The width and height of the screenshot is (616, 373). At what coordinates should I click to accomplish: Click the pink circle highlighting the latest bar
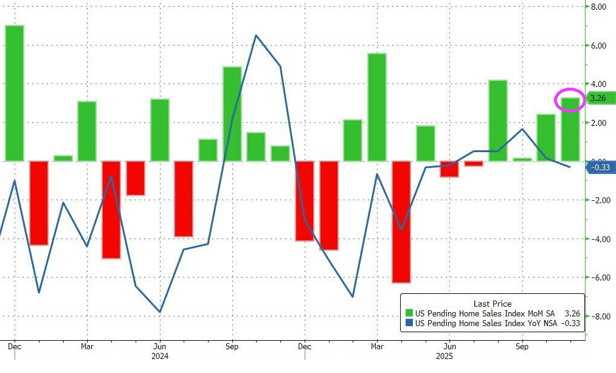click(x=570, y=100)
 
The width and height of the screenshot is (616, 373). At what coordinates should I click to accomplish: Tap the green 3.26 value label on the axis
click(x=600, y=98)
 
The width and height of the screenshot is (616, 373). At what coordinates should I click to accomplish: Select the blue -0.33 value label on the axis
click(x=601, y=168)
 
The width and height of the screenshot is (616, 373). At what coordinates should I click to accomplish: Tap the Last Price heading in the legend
click(x=492, y=303)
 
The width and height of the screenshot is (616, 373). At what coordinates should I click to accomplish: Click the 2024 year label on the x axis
click(x=159, y=355)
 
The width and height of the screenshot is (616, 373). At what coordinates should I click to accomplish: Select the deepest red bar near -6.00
click(x=401, y=221)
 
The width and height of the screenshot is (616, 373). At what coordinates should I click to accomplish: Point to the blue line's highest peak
click(x=256, y=35)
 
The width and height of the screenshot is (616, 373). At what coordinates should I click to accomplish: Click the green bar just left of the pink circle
click(x=545, y=138)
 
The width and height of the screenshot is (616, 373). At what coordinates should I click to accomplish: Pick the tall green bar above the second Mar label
click(x=377, y=107)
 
